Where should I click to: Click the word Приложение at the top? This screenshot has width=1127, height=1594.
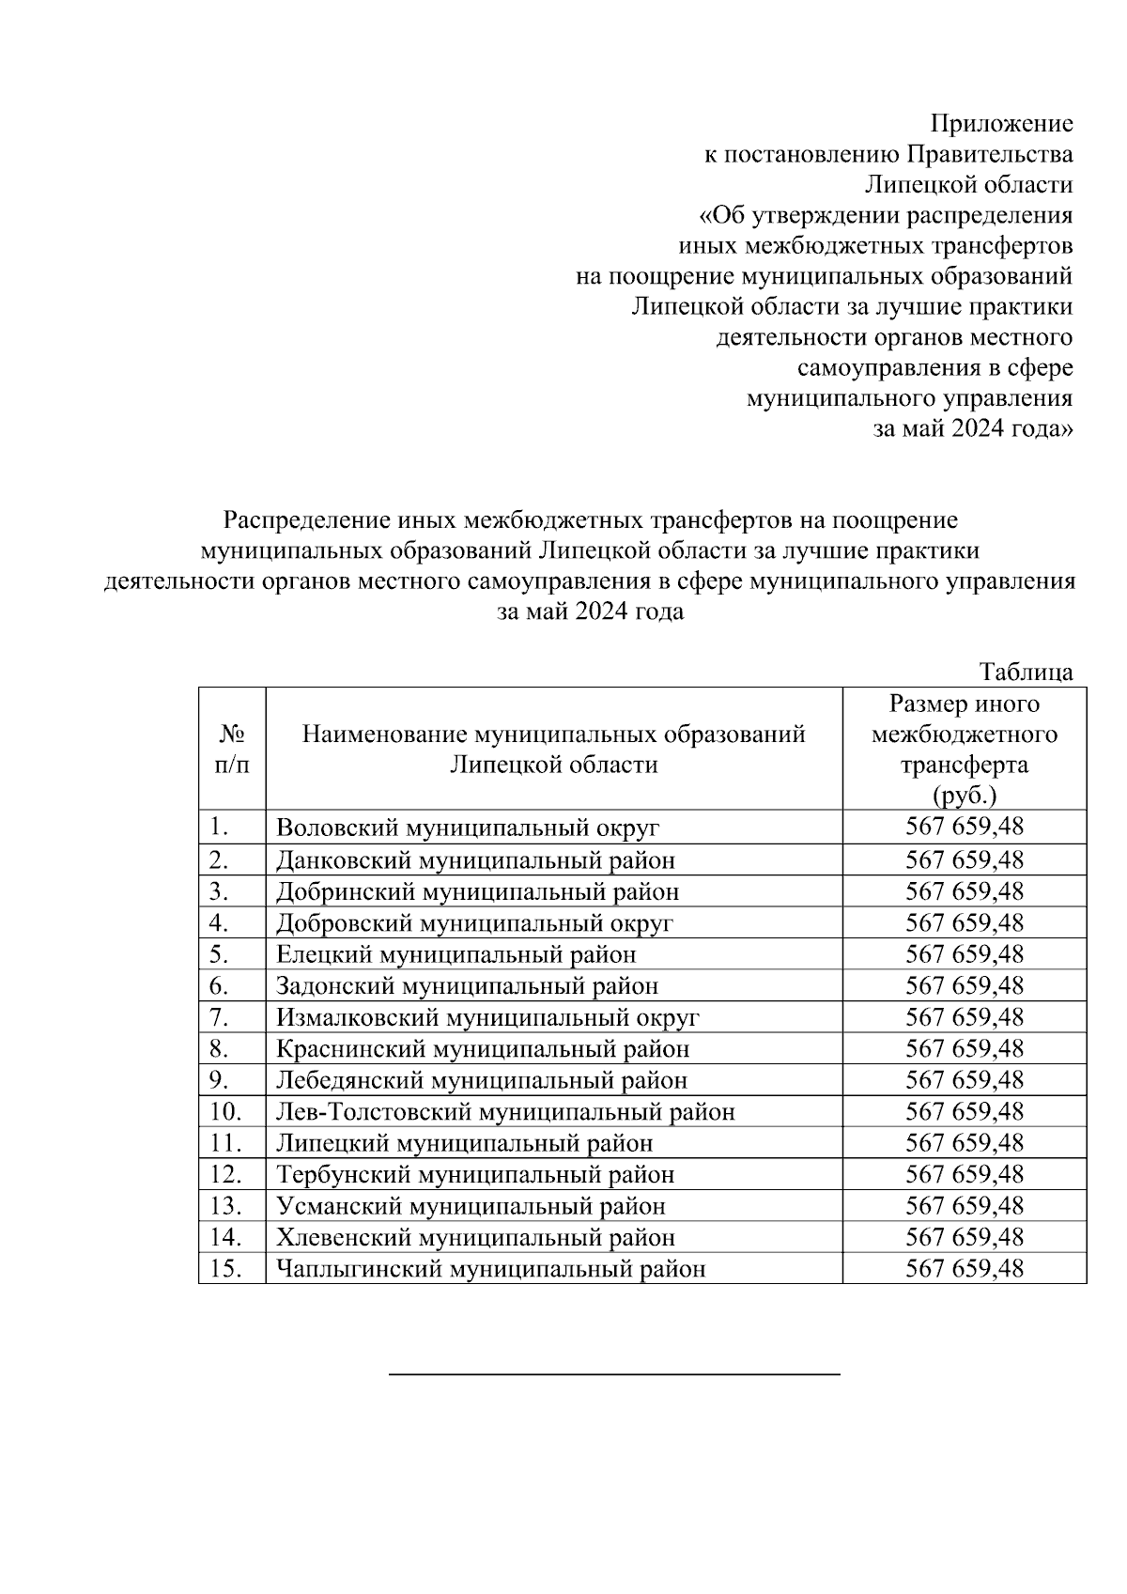1000,123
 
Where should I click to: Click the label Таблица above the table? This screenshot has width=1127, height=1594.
1026,672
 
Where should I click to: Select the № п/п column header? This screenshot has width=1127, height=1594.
232,749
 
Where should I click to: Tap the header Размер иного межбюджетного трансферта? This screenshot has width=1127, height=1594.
964,749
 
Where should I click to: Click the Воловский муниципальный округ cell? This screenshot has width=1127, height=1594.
467,828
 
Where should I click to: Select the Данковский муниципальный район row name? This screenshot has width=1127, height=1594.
475,860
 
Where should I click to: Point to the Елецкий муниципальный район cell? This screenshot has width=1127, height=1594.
455,954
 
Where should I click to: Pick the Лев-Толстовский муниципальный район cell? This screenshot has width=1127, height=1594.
504,1112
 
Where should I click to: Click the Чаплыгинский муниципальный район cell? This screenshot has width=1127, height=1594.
490,1270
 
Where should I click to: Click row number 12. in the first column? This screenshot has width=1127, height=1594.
225,1175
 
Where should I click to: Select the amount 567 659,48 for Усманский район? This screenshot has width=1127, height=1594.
964,1206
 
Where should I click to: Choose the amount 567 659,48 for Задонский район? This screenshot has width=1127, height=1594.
964,985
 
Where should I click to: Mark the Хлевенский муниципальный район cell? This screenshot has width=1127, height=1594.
475,1238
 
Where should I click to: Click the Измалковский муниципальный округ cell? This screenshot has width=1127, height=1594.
487,1017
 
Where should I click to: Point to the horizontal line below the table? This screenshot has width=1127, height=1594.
614,1374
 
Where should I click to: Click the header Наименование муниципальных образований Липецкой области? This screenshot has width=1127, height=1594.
553,749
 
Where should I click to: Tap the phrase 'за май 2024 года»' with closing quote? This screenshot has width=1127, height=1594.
973,428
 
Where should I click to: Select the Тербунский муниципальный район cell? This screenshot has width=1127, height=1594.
475,1175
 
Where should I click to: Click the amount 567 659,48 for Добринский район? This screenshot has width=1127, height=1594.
964,891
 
